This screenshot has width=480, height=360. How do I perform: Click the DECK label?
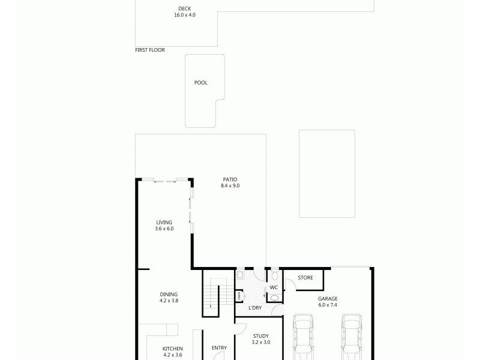point(185,8)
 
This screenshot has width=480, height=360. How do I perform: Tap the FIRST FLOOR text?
point(150,50)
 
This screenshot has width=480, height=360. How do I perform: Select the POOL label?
point(200,83)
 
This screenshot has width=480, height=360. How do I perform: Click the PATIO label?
point(230,179)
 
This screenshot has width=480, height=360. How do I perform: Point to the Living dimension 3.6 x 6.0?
point(164,229)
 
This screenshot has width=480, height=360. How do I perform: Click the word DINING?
point(169,294)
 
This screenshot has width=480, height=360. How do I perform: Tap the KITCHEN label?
point(173,349)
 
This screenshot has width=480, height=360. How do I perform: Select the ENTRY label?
point(219,348)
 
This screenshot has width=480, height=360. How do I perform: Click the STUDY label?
point(260,336)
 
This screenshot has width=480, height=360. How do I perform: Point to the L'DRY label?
point(255,308)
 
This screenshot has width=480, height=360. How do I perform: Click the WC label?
point(274,287)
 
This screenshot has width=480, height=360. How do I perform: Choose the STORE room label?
point(305,278)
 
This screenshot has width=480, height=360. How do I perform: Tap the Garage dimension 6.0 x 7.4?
point(328,305)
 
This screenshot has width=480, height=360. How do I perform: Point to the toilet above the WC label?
point(274,275)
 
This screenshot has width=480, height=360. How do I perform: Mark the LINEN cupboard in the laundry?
point(239,295)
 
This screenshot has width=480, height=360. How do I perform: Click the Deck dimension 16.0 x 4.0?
point(185,14)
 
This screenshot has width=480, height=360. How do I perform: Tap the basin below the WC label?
point(274,298)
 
